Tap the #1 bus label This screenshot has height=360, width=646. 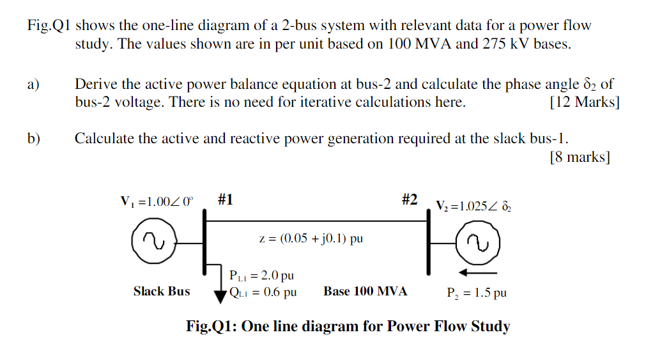[x=224, y=200]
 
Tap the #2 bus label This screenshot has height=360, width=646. [x=410, y=200]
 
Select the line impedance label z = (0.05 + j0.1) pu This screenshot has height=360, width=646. [x=311, y=239]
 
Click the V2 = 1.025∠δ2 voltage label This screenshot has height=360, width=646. [x=473, y=206]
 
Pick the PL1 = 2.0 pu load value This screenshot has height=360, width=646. [x=261, y=276]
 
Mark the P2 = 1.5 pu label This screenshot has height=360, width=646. [x=477, y=293]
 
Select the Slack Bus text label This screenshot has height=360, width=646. [x=162, y=292]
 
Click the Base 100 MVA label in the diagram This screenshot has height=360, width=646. [x=365, y=292]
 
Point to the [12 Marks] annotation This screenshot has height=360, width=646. [x=584, y=102]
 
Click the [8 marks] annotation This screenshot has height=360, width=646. [x=580, y=157]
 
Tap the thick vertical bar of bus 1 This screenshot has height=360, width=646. [x=204, y=243]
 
